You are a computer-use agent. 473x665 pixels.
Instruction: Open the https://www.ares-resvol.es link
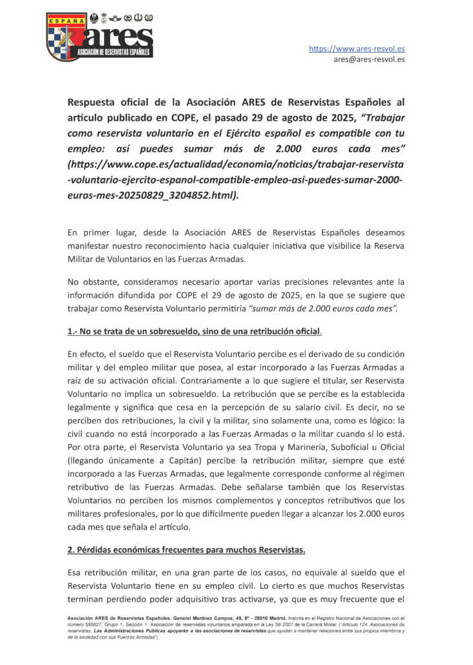[x=357, y=48]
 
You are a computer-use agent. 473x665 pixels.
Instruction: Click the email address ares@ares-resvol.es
[x=369, y=59]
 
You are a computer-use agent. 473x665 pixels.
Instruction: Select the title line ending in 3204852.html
[x=153, y=194]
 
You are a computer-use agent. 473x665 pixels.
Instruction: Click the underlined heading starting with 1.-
[x=194, y=331]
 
